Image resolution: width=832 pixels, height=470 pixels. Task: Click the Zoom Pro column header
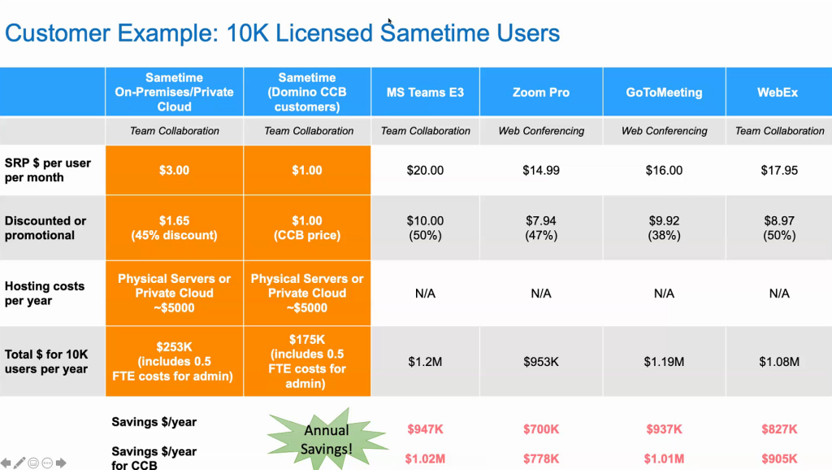[540, 93]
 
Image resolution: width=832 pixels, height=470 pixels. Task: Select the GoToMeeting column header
[664, 93]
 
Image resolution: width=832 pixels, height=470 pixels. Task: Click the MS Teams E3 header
[425, 93]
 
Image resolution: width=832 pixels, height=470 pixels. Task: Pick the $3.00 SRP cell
[174, 171]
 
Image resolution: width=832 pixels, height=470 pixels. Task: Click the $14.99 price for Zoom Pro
[540, 171]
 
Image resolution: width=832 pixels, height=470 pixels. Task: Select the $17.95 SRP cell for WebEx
[779, 171]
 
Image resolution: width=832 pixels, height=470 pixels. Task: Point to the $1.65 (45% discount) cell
[174, 228]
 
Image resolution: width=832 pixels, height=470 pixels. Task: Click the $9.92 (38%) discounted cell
[664, 228]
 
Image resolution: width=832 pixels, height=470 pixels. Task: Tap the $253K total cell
[174, 362]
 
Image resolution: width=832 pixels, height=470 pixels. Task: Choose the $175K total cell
[307, 362]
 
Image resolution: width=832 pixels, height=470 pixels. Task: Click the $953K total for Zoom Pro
[540, 362]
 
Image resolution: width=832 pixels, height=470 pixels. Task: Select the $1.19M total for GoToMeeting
[664, 362]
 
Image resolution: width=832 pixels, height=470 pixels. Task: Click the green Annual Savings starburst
[326, 439]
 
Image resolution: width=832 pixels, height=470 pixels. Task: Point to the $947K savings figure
[425, 429]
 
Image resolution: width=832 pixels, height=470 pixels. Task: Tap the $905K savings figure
[779, 459]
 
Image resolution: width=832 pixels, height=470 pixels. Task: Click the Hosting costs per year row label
[45, 294]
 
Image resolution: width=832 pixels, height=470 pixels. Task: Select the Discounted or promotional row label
[45, 228]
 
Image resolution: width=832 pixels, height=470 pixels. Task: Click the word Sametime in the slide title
[435, 33]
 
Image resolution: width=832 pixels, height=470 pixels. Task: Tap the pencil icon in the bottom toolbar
[19, 463]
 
